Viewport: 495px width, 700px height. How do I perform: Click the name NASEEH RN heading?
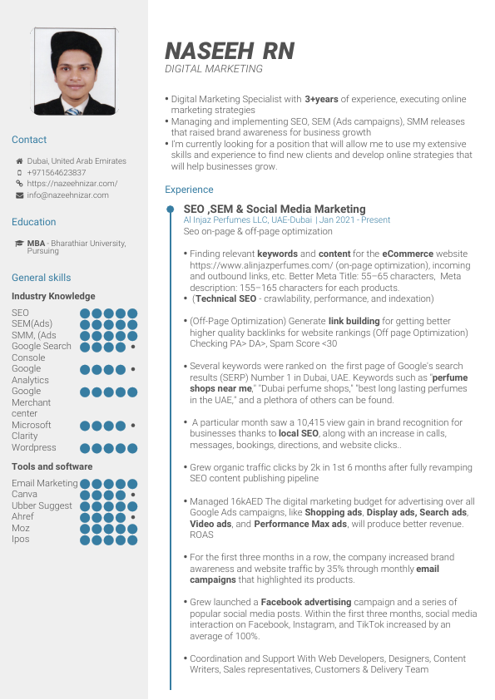pos(230,51)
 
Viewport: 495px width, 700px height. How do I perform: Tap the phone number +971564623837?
pos(57,172)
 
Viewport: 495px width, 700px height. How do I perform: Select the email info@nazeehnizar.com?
pos(67,195)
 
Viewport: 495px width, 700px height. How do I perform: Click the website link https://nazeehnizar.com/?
pos(72,183)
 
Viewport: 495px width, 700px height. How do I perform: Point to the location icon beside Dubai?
pos(19,161)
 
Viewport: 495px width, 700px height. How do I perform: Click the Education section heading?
pos(34,222)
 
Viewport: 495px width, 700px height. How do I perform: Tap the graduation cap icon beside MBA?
pos(19,244)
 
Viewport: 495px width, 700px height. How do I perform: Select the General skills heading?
pos(42,278)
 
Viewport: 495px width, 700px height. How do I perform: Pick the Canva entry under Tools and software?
pos(25,494)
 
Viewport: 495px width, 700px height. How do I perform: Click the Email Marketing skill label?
pos(45,483)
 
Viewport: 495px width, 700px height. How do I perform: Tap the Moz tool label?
pos(21,528)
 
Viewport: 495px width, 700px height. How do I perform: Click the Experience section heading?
pos(189,190)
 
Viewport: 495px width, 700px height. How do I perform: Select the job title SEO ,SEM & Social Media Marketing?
pos(274,210)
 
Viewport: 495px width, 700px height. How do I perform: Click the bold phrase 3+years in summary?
pos(321,99)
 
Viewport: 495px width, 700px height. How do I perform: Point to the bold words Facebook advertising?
pos(305,601)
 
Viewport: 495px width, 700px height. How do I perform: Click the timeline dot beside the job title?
pos(170,209)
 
